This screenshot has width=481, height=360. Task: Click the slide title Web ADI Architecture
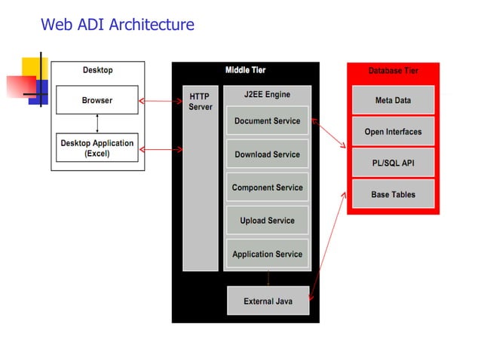point(117,24)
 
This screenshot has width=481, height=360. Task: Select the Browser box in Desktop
point(97,100)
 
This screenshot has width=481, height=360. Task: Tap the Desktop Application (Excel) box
point(97,148)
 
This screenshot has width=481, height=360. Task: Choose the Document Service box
point(267,121)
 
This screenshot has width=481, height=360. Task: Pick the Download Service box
point(267,154)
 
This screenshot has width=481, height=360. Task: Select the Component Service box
point(267,188)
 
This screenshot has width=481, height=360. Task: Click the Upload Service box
point(267,221)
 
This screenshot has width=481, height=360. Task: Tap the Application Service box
point(267,254)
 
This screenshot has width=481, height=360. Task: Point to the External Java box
point(268,301)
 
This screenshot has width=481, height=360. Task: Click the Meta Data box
point(393,100)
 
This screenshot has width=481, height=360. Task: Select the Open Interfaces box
point(393,132)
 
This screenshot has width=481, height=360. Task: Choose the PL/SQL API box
point(393,163)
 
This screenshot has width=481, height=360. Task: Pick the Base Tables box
point(393,194)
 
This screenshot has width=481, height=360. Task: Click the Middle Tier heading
point(245,70)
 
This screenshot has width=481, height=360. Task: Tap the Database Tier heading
point(393,71)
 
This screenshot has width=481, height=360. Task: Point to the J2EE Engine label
point(267,95)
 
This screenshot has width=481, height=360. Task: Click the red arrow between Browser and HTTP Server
point(160,100)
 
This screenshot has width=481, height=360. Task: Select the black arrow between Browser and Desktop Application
point(97,123)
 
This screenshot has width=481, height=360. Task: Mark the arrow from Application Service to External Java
point(268,276)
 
